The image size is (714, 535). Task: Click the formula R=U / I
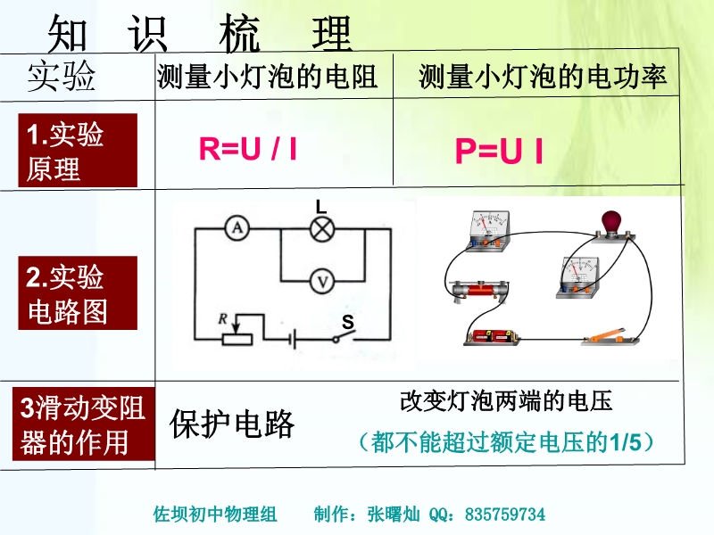coord(248,149)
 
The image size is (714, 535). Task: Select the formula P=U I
coord(499,152)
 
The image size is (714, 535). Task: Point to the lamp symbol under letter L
coord(321,229)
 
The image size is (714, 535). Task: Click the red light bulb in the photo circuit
coord(613,220)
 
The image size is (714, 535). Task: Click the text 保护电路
coord(232,425)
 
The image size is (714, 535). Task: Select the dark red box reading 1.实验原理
coord(79,151)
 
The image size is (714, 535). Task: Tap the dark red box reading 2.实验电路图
coord(79,293)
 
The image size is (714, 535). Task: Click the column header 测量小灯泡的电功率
coord(543,78)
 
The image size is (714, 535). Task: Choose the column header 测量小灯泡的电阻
coord(267,78)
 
